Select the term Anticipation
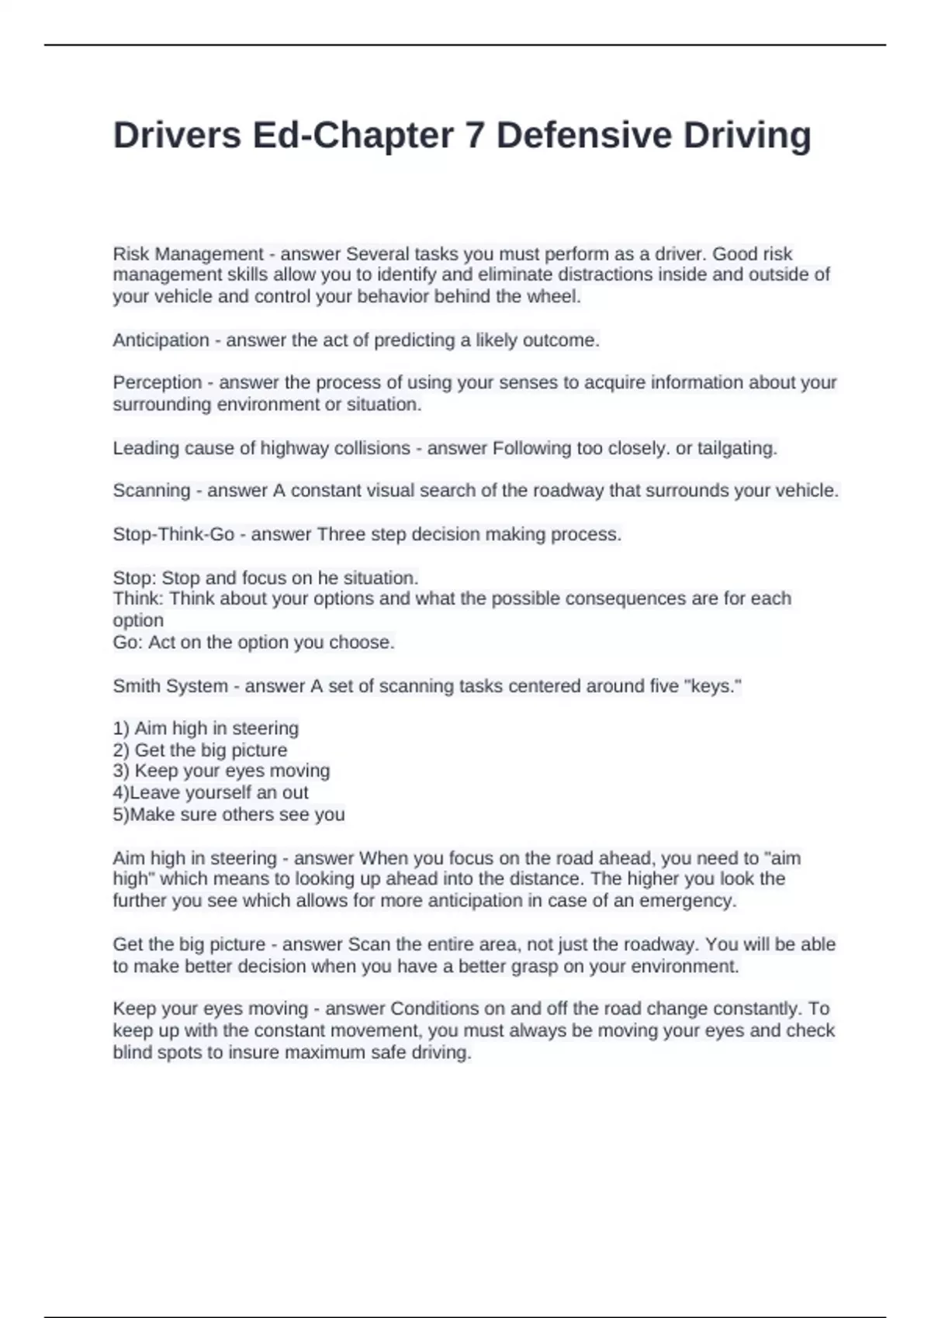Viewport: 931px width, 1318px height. pos(161,340)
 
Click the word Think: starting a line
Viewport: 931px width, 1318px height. pos(139,599)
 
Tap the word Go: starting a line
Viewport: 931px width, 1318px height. pos(128,642)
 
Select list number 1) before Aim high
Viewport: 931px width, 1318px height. pos(121,729)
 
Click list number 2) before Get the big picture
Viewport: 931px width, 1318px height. pos(121,750)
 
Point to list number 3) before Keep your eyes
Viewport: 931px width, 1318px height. pos(121,771)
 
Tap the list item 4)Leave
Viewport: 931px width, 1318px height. pos(147,792)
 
